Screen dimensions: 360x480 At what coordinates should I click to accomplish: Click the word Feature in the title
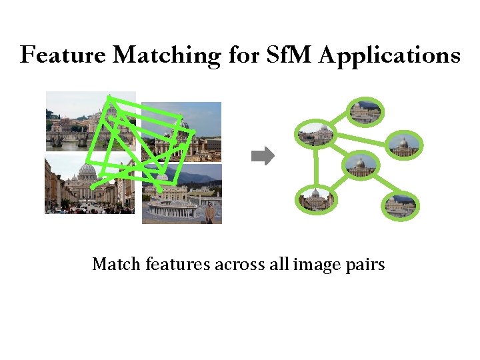[x=62, y=55]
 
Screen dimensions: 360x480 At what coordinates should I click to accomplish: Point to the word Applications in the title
[x=389, y=55]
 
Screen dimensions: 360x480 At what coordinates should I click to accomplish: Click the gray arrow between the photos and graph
[x=263, y=157]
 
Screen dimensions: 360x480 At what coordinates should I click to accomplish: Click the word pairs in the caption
[x=365, y=265]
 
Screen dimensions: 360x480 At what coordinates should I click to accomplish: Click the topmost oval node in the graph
[x=365, y=112]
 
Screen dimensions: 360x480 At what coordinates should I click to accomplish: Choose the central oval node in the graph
[x=360, y=165]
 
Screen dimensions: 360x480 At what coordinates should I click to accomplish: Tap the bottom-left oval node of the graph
[x=316, y=199]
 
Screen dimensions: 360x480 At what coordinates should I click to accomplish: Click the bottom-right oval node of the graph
[x=400, y=205]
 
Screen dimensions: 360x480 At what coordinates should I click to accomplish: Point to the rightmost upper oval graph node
[x=403, y=143]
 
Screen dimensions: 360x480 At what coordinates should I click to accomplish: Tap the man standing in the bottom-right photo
[x=211, y=213]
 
